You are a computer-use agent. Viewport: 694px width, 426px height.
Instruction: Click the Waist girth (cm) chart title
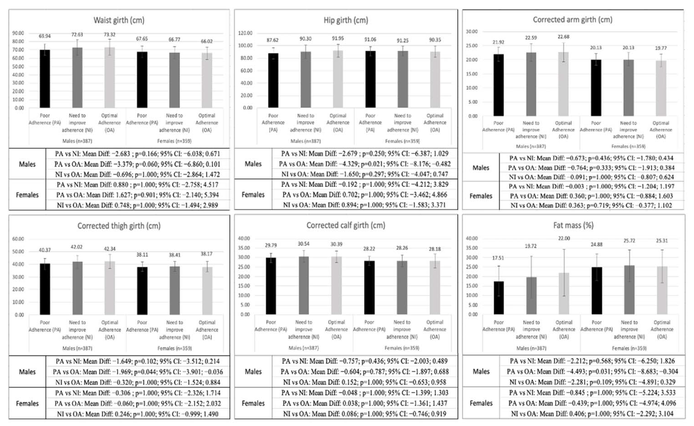click(119, 20)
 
